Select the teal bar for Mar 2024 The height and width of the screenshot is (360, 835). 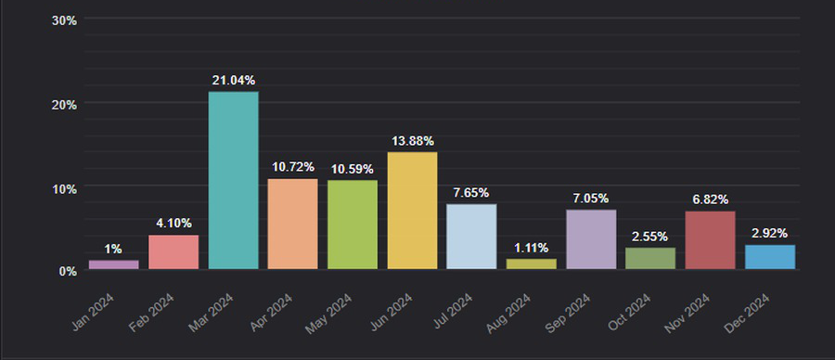tap(233, 180)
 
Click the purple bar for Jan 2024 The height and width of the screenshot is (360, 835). tap(113, 264)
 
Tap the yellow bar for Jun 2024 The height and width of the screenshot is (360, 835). tap(412, 211)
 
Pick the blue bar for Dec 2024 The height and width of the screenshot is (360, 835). tap(769, 257)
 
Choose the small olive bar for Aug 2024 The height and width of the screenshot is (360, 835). tap(531, 264)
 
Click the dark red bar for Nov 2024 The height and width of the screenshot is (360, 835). tap(710, 240)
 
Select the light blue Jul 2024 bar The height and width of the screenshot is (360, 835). tap(471, 237)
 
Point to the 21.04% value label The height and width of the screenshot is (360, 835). tap(233, 81)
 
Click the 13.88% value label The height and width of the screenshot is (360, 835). tap(412, 141)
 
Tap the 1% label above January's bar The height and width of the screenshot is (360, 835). tap(113, 250)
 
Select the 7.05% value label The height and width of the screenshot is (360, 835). tap(591, 199)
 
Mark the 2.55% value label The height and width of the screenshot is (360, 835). tap(650, 237)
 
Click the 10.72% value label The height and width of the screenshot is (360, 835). tap(293, 167)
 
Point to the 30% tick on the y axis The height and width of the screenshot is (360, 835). tap(64, 20)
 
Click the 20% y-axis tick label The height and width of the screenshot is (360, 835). tap(64, 104)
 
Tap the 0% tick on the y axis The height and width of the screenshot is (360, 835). tap(68, 272)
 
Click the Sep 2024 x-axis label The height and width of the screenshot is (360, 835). tap(568, 313)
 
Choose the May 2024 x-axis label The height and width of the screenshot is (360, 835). tap(328, 315)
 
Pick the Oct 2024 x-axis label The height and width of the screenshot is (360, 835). tap(629, 313)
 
